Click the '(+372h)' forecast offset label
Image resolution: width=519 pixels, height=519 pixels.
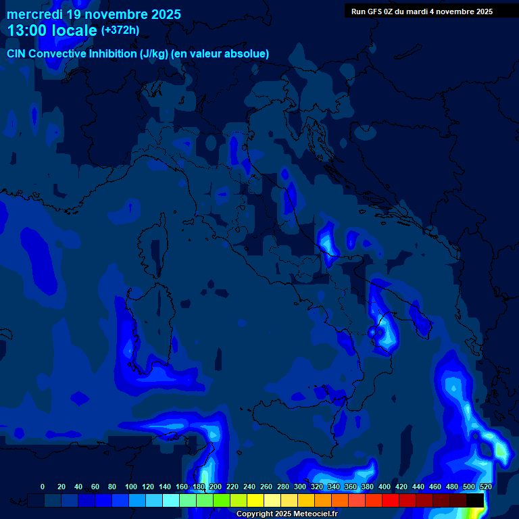coord(120,30)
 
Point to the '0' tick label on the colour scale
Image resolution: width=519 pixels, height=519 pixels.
coord(43,487)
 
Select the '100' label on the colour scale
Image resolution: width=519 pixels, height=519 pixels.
coord(131,487)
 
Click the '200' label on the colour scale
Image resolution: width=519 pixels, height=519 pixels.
coord(216,487)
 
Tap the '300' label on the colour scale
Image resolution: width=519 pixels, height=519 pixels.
coord(300,487)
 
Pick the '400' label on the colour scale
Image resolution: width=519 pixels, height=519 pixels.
coord(385,487)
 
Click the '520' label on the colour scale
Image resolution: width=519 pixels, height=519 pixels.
coord(486,487)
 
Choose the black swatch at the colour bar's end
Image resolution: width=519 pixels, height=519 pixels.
coord(475,500)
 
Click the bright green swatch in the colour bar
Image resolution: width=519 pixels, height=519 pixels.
coord(222,500)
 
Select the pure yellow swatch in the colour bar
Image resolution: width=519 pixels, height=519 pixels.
coord(255,500)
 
